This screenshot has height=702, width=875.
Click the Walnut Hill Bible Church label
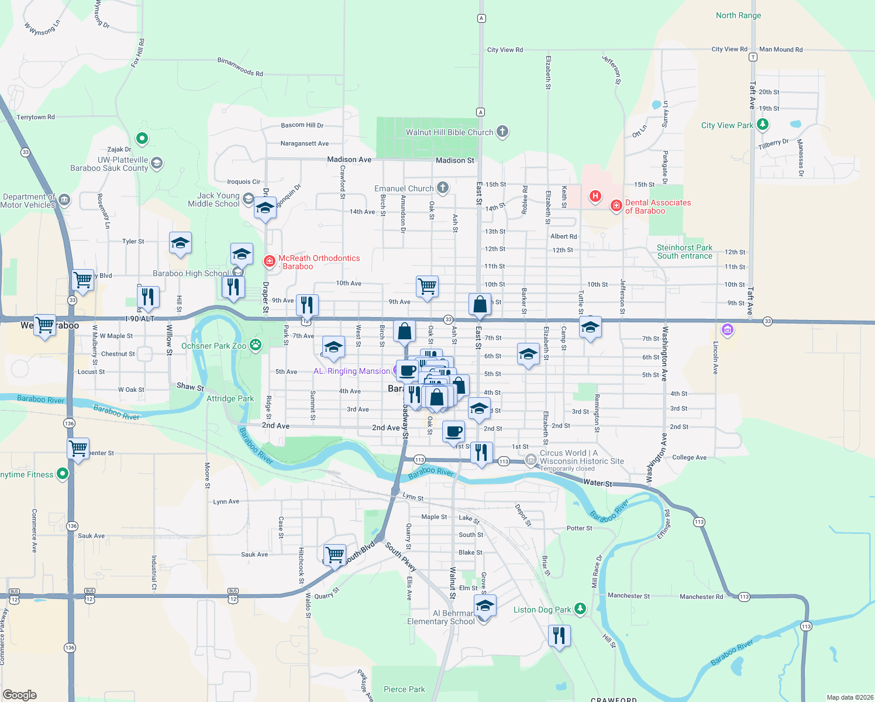point(449,132)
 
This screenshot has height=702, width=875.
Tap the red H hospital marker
point(595,196)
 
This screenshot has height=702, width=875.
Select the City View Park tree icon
point(762,125)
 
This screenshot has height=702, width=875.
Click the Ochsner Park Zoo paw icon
point(256,345)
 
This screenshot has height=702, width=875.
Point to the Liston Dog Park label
point(542,610)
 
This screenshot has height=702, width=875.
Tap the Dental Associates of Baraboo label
point(657,207)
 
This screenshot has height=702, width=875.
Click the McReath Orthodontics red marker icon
point(270,261)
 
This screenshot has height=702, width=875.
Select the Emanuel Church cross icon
point(443,188)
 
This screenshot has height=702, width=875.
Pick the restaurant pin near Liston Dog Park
point(559,635)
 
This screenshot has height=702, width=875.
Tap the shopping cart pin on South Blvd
point(335,555)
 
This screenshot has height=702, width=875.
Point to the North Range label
point(738,15)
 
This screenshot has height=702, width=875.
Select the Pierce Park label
point(404,689)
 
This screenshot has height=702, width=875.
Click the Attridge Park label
point(230,398)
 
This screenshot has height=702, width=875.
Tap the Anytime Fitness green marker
point(63,474)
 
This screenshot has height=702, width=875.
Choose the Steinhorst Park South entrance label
point(684,252)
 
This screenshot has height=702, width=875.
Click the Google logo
point(20,694)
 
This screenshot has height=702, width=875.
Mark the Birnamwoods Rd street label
point(240,67)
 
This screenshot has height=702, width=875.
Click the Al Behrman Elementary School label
point(441,617)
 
